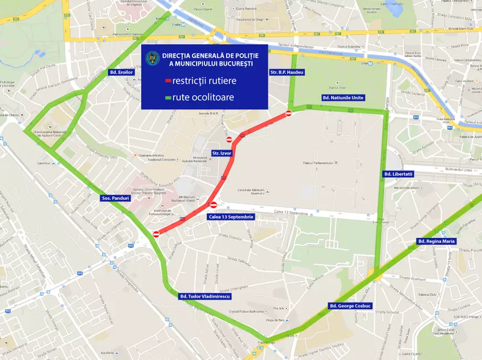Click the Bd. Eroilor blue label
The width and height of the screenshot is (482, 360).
[x=122, y=71]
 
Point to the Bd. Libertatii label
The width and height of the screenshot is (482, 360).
[x=398, y=174]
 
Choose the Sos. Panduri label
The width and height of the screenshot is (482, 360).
[x=115, y=198]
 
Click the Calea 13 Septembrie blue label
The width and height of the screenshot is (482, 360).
[x=231, y=217]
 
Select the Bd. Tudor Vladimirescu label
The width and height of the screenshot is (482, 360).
[x=204, y=296]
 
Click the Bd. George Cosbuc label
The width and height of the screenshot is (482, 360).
[x=350, y=306]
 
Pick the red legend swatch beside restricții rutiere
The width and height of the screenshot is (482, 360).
[x=168, y=81]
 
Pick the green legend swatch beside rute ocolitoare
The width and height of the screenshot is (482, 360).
[x=168, y=98]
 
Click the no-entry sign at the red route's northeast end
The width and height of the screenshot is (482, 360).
[x=289, y=114]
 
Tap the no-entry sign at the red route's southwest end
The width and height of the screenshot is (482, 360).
[x=156, y=234]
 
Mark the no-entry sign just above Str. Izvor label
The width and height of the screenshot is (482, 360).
[x=229, y=140]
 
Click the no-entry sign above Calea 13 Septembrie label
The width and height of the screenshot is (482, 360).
[x=213, y=205]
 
